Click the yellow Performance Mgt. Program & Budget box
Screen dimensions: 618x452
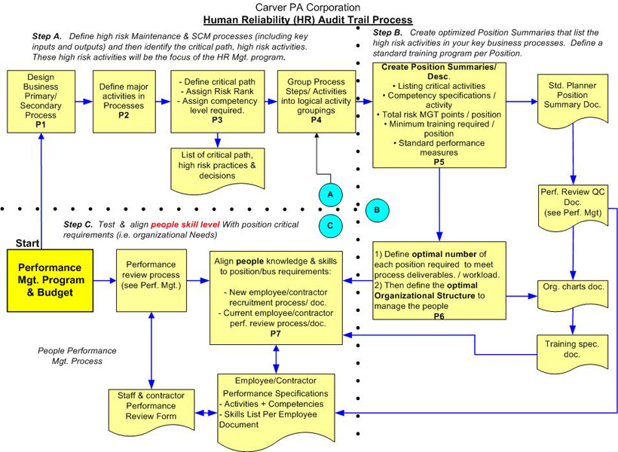point(50,280)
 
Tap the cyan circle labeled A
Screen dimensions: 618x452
point(330,194)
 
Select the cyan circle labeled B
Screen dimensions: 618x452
point(377,210)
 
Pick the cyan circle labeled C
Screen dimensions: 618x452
point(330,226)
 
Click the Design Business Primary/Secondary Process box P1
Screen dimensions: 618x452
point(41,102)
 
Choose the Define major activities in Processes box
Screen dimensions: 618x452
point(124,102)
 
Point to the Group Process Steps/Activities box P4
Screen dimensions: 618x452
point(317,102)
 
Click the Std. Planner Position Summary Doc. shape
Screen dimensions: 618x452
point(572,100)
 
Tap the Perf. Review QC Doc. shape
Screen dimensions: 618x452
point(573,207)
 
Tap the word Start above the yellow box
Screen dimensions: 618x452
point(28,243)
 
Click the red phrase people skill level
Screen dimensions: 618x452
point(185,224)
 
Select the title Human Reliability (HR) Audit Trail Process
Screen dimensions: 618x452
point(307,20)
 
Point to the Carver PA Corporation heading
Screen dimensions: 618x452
point(307,7)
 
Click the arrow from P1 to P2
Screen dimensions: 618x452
point(84,102)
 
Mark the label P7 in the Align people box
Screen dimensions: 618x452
point(276,334)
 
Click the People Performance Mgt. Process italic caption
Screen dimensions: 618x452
point(77,356)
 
